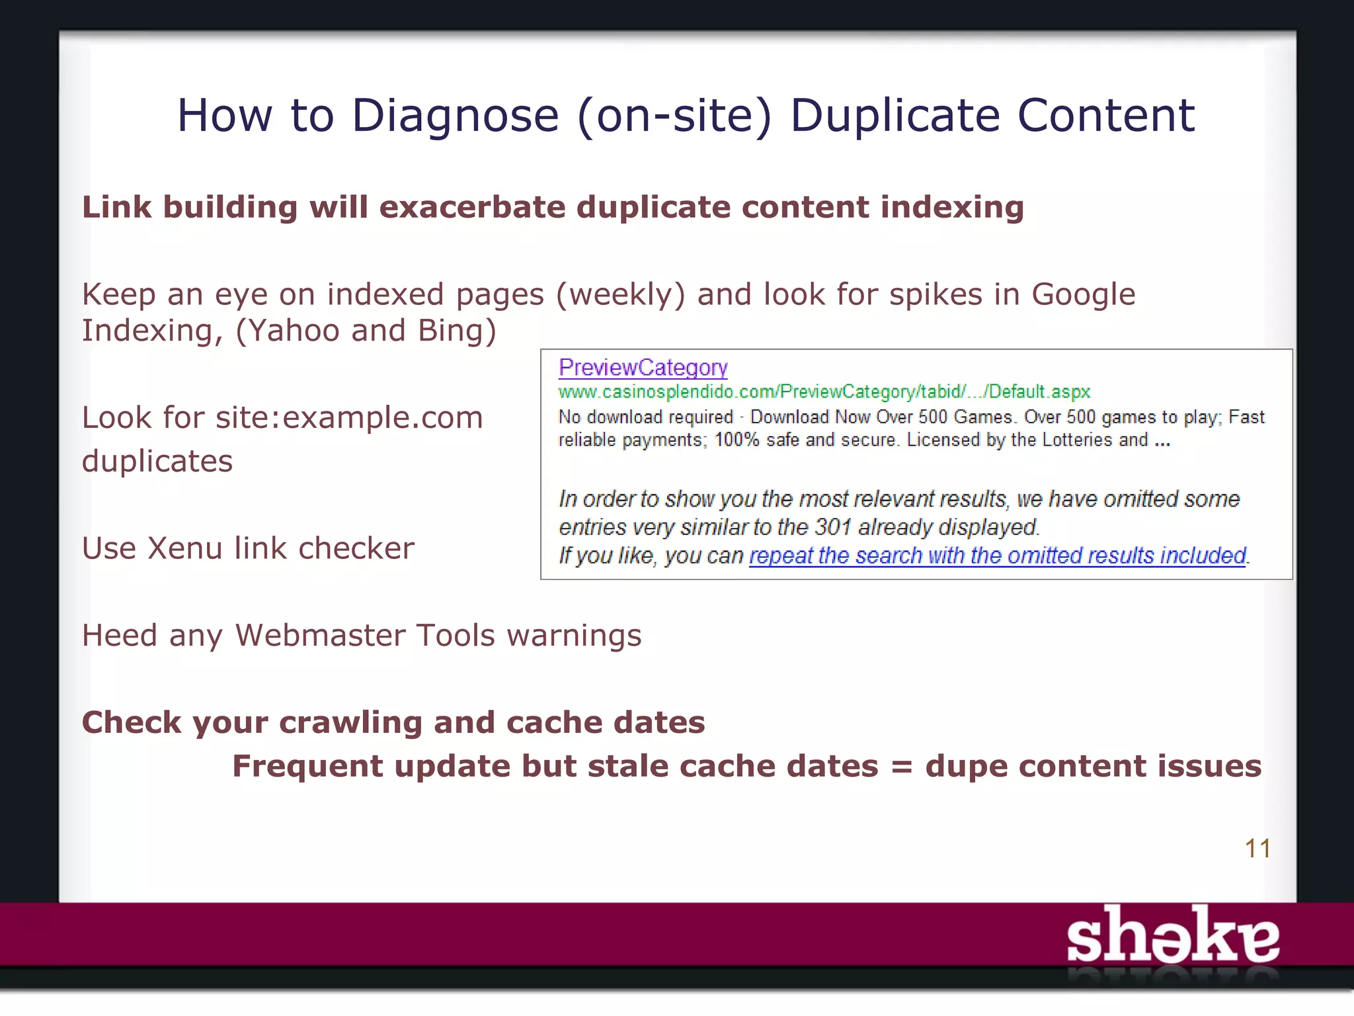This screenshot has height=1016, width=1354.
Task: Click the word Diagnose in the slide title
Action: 455,116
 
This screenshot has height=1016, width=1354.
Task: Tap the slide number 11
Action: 1257,849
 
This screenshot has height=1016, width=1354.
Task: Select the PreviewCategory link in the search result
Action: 643,367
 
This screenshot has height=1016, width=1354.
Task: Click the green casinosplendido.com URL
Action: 824,392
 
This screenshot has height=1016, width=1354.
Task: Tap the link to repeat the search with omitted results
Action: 997,556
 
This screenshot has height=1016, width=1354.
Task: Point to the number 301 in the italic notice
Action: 832,527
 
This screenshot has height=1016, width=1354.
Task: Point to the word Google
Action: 1083,294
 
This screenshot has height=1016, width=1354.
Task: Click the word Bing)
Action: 456,331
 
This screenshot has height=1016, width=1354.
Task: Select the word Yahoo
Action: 288,331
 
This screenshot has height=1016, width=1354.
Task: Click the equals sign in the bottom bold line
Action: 901,767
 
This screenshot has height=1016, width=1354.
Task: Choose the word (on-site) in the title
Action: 674,116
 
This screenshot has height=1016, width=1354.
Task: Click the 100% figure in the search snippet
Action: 737,440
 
